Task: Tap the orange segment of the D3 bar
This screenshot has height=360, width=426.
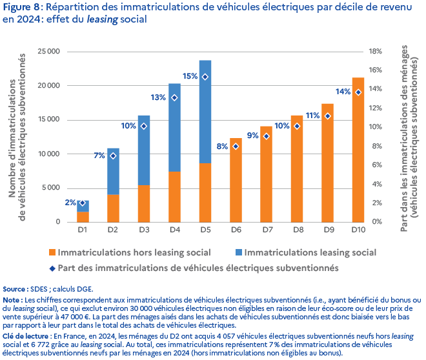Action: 143,203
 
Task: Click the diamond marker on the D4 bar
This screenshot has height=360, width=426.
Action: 174,97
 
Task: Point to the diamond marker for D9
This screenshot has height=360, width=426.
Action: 327,116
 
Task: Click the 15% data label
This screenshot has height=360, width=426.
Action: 190,76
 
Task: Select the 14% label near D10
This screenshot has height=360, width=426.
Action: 343,92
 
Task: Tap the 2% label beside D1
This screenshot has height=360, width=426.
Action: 70,203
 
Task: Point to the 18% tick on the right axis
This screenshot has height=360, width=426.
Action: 376,51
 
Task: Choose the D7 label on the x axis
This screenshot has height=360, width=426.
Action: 265,229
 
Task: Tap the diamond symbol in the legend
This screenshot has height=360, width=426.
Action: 50,266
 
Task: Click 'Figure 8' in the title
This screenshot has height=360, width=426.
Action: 22,7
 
